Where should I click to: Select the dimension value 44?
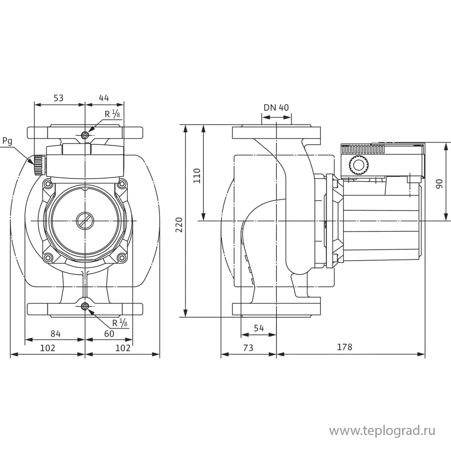pyautogui.click(x=104, y=97)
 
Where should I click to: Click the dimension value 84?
pyautogui.click(x=55, y=333)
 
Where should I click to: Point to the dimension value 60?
pyautogui.click(x=109, y=333)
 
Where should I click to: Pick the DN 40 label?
pyautogui.click(x=276, y=107)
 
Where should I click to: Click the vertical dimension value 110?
pyautogui.click(x=196, y=175)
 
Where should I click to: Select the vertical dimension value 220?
pyautogui.click(x=179, y=224)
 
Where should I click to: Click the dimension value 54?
pyautogui.click(x=259, y=328)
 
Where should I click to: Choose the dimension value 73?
pyautogui.click(x=248, y=348)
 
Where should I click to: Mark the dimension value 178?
pyautogui.click(x=345, y=348)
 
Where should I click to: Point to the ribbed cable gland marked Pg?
pyautogui.click(x=38, y=165)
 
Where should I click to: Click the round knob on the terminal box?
pyautogui.click(x=359, y=166)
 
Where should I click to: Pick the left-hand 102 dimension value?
pyautogui.click(x=47, y=348)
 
